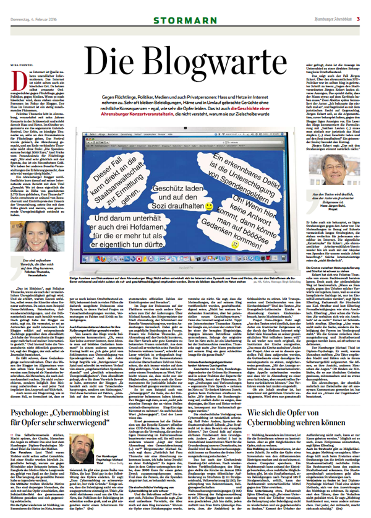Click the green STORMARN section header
[x=185, y=9]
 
